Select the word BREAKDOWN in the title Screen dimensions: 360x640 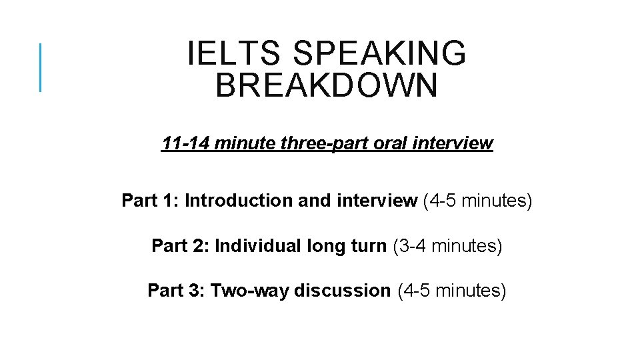[327, 87]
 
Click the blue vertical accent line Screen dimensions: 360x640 [41, 67]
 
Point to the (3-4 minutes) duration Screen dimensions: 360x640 [447, 246]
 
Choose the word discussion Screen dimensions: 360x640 [342, 291]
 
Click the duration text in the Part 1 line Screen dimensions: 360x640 [478, 201]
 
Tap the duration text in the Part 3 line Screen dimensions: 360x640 [452, 291]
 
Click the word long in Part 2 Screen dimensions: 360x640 [327, 246]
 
